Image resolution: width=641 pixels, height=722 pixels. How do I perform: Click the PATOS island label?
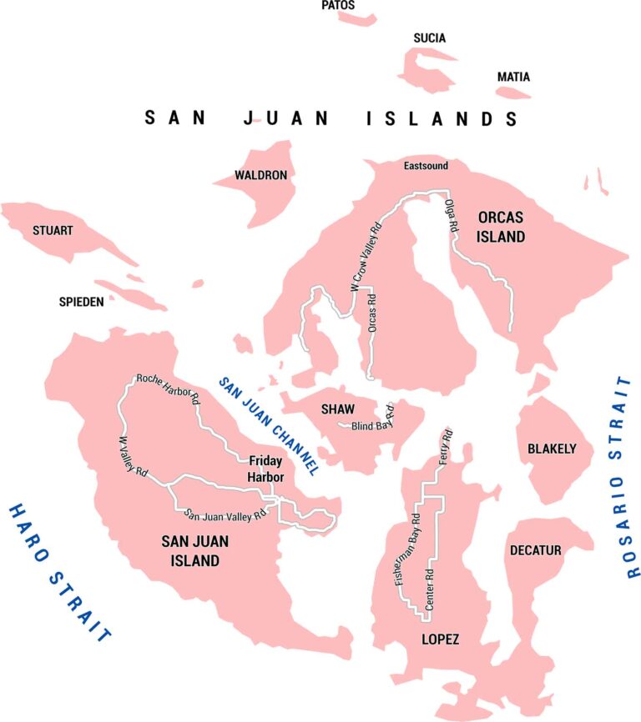coord(338,6)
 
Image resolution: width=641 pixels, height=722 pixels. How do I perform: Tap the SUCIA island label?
coord(430,38)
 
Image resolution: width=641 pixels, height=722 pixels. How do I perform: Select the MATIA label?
coord(513,77)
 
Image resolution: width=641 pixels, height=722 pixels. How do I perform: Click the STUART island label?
coord(53,230)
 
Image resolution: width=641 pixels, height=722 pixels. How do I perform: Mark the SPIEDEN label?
coord(81,302)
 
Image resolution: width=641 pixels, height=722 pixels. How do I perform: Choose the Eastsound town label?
coord(426,166)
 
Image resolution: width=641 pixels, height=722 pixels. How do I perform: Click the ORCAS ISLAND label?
coord(501,227)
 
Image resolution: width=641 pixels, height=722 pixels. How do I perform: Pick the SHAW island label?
coord(338,409)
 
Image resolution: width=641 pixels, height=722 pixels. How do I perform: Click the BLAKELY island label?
coord(552,449)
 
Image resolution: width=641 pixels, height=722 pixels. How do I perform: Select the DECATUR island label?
coord(533,550)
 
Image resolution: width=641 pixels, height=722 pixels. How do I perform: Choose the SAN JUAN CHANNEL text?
coord(269,425)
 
